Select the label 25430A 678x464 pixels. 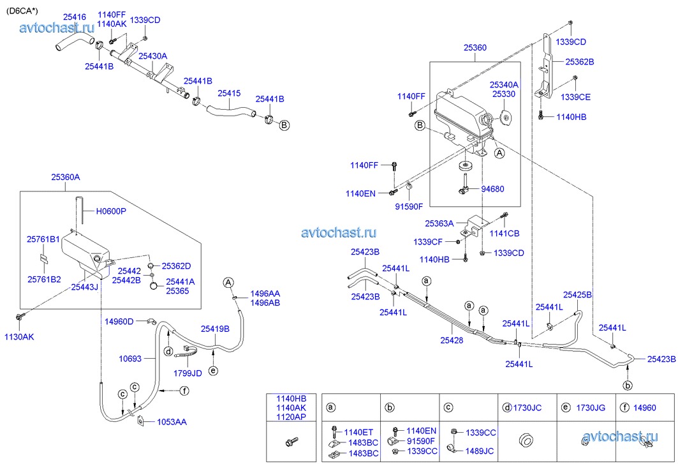pos(152,56)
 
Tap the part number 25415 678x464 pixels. pos(229,93)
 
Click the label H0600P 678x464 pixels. pos(111,211)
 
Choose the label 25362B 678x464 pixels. pos(579,62)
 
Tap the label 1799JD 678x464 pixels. pos(188,373)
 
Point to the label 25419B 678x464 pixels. pos(215,329)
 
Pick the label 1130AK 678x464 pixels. pos(20,337)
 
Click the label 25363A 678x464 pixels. pos(439,224)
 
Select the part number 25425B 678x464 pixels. pos(577,294)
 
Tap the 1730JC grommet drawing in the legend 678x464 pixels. pos(526,440)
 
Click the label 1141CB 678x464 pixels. pos(506,234)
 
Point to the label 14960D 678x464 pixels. pos(119,321)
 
